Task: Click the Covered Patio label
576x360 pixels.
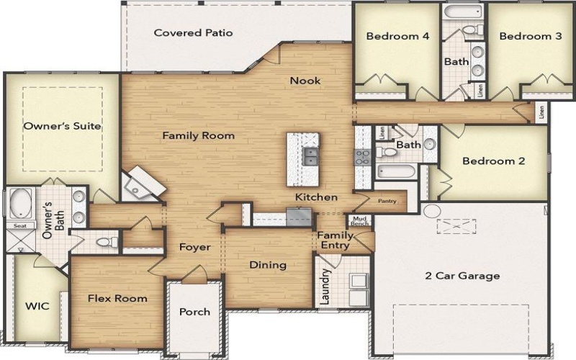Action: pos(193,33)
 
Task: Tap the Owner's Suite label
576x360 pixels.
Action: pos(62,126)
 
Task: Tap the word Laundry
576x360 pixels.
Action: pos(325,286)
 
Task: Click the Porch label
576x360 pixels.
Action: pos(194,312)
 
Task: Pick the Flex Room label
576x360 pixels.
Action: pos(117,298)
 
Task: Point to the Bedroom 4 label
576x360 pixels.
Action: pos(393,36)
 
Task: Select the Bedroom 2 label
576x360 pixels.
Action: pos(493,161)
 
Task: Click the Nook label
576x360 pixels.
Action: pos(305,81)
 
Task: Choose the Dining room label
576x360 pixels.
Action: pos(268,265)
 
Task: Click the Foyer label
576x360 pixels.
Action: pos(194,247)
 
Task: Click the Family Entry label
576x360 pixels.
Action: pos(336,240)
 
